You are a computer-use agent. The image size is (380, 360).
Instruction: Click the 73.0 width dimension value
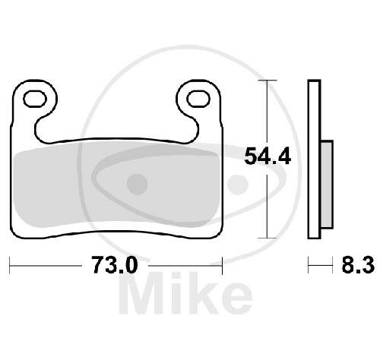click(x=115, y=265)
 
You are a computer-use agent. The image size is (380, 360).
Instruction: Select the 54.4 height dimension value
click(x=268, y=156)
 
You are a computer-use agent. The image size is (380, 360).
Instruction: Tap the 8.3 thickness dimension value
click(x=358, y=265)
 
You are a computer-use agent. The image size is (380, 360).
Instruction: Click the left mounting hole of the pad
click(x=35, y=99)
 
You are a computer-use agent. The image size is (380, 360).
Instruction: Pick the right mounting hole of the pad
click(x=198, y=99)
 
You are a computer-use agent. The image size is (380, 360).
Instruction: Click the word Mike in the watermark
click(x=186, y=294)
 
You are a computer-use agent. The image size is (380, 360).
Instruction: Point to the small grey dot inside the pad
click(x=137, y=184)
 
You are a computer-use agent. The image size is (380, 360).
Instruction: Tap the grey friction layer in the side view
click(x=327, y=185)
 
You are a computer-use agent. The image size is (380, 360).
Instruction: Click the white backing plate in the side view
click(x=315, y=159)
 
